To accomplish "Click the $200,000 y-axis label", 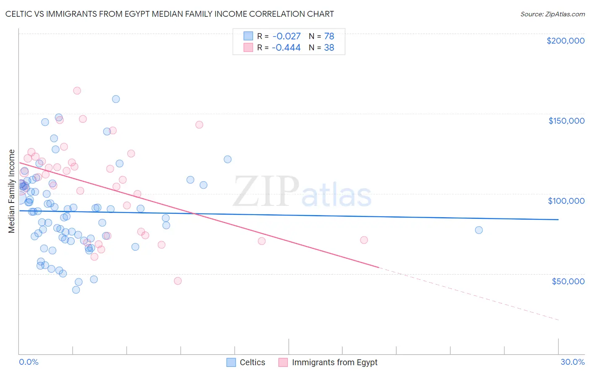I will click(565, 41).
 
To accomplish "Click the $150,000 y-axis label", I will click(566, 121).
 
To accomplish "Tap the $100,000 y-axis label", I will click(566, 201).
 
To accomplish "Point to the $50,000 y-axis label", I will click(568, 281).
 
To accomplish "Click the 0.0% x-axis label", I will click(29, 362).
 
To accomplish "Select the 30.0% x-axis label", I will click(572, 362).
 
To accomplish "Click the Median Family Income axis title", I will click(12, 191).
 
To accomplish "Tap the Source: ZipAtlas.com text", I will click(552, 14).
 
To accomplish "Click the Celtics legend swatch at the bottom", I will click(231, 362).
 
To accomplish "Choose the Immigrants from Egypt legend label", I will click(334, 362).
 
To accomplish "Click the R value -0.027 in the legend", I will click(286, 36).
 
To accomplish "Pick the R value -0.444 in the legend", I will click(286, 48).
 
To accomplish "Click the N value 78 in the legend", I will click(329, 36).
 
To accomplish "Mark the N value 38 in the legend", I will click(329, 48).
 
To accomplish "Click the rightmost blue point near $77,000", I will click(479, 230).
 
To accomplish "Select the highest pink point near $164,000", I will click(77, 91).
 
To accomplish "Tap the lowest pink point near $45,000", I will click(178, 281).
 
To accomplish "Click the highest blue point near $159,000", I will click(116, 99).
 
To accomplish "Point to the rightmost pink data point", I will click(364, 240).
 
